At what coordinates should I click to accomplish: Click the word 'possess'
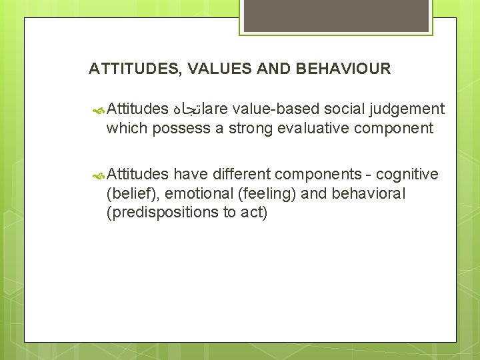coord(182,128)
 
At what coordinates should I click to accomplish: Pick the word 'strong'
coord(251,128)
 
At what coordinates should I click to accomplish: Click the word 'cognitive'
coord(407,175)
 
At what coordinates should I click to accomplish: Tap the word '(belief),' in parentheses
coord(132,193)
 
